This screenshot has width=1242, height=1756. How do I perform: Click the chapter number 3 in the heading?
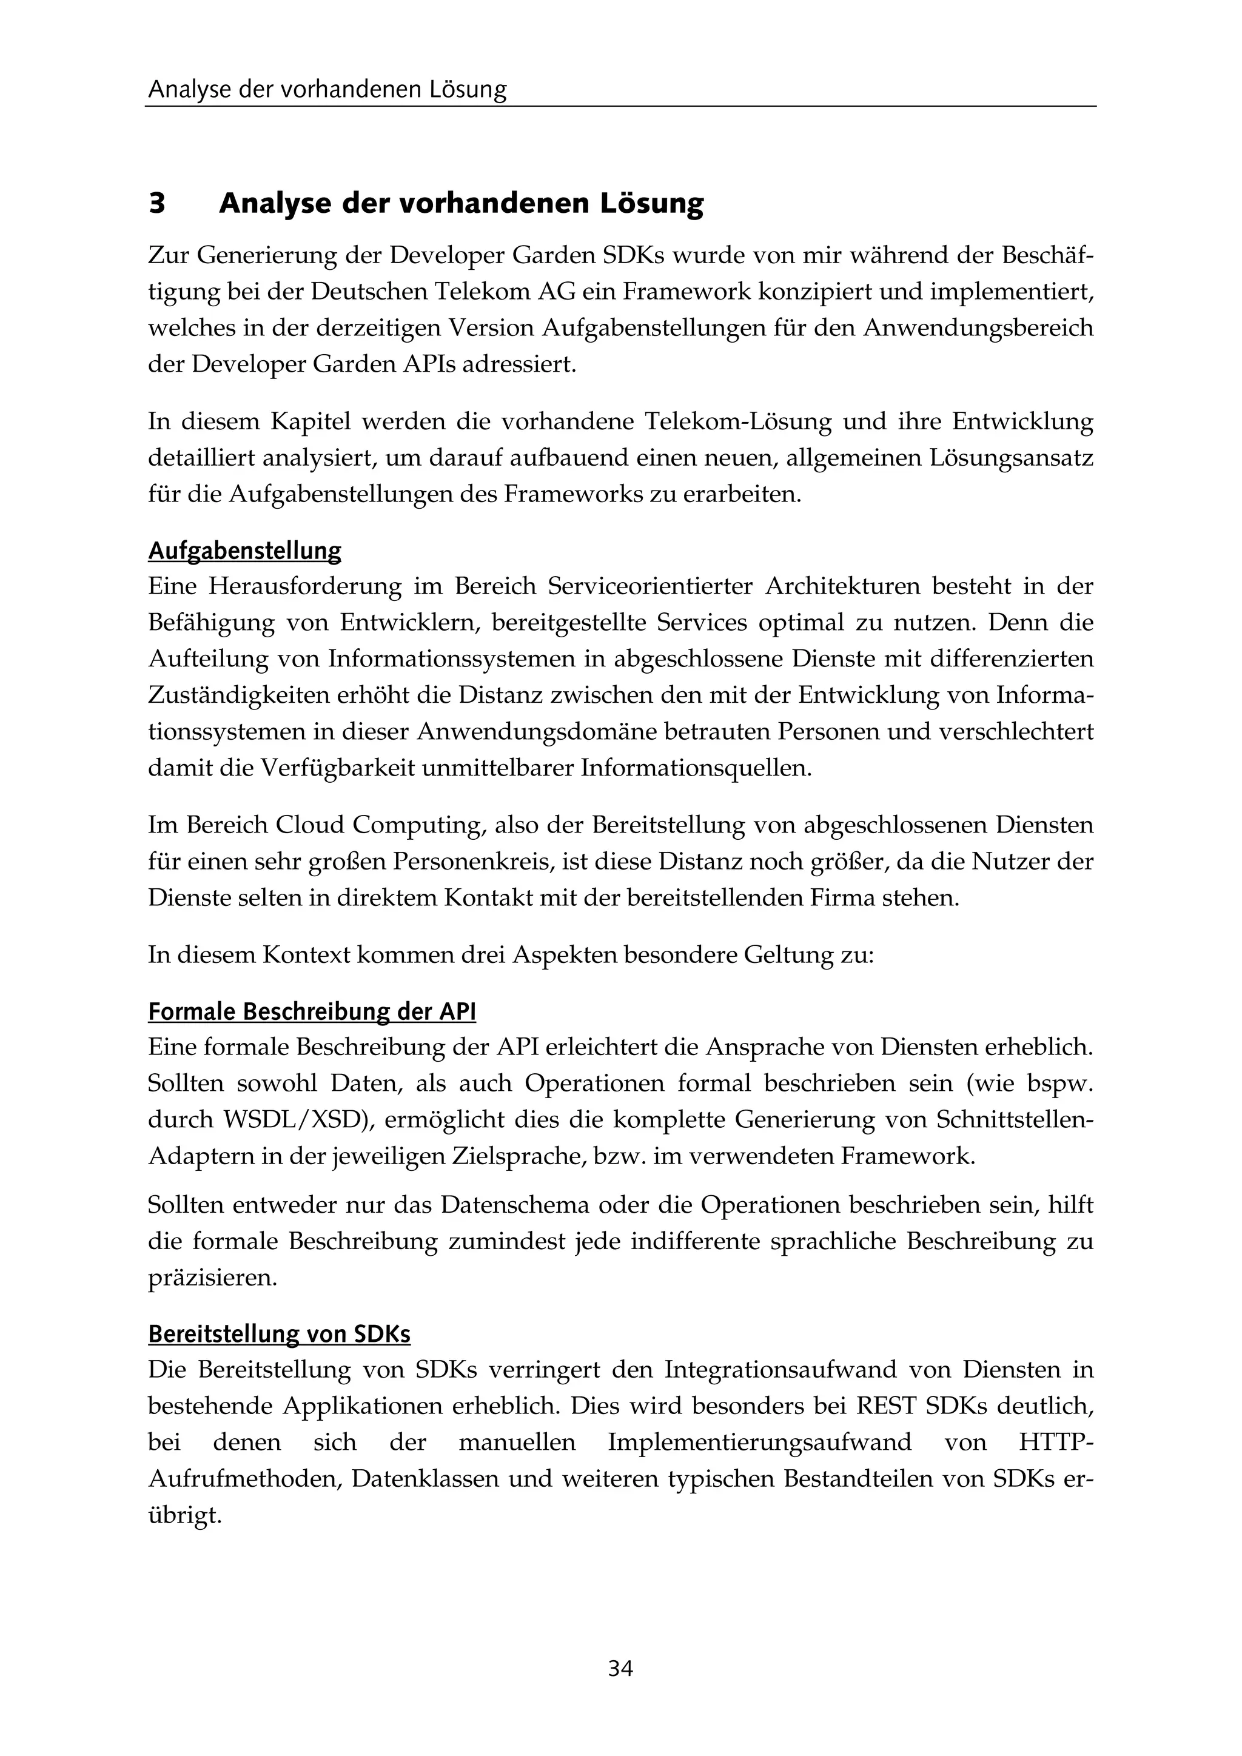click(157, 204)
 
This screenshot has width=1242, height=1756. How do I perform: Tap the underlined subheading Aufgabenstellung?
click(245, 551)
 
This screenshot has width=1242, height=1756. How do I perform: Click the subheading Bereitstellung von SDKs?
click(279, 1335)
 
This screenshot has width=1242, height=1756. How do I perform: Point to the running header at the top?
click(327, 90)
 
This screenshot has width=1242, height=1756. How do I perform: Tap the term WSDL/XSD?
click(297, 1120)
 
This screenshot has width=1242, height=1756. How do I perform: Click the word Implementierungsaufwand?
click(759, 1443)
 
